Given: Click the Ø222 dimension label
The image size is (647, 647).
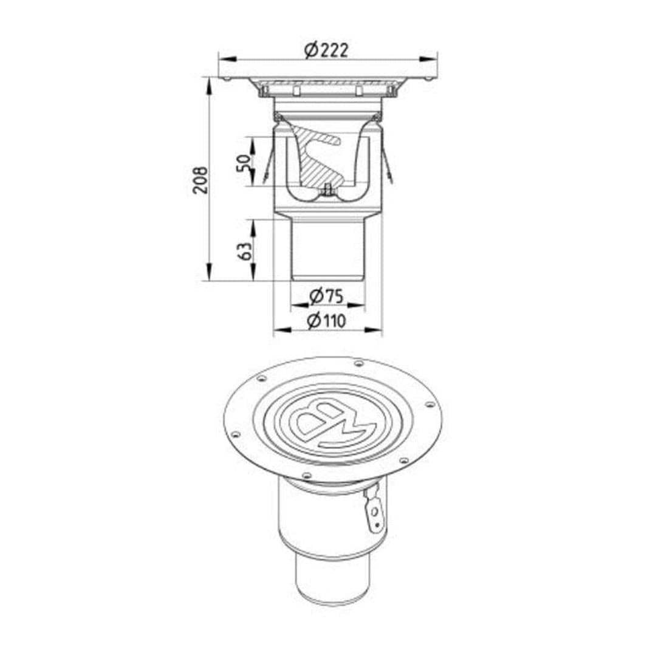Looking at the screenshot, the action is [x=326, y=50].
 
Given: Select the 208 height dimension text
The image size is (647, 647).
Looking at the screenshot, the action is [x=200, y=180].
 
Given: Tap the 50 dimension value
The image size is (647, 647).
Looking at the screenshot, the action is [x=244, y=163].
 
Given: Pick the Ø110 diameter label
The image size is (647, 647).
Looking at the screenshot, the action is [x=326, y=321].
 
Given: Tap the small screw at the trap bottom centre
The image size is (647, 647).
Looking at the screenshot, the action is [x=327, y=190].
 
